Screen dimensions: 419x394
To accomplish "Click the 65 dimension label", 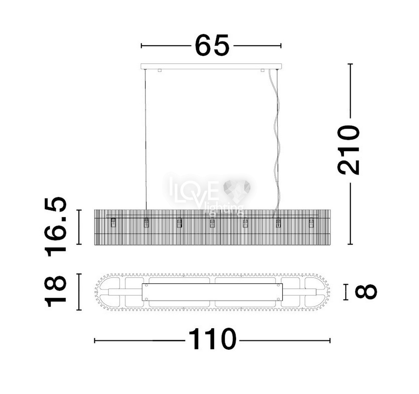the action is coord(212,45).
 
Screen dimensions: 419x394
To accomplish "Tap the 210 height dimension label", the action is coord(348,150).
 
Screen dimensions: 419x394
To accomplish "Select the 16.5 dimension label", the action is coord(55,227).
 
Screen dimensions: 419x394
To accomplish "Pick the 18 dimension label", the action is coord(55,291).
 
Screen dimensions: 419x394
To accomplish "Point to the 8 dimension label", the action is coord(366,292).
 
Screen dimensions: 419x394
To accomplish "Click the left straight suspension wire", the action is coord(146,139).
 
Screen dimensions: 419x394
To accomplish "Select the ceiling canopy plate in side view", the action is coord(211,66).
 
